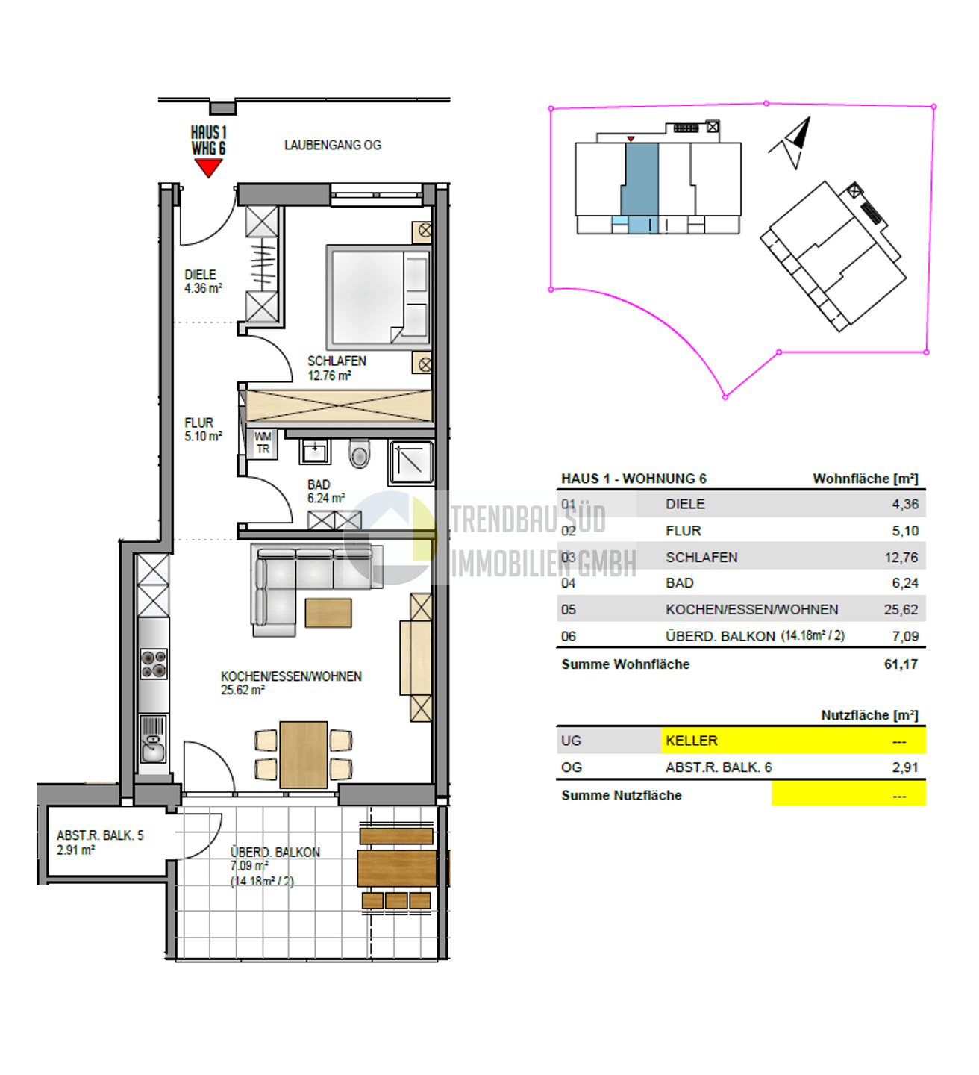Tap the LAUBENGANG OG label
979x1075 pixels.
pos(332,146)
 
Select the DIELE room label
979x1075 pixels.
pos(201,275)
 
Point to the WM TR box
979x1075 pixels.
pos(263,443)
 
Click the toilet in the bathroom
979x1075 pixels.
pos(360,454)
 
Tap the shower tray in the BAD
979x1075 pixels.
pos(411,462)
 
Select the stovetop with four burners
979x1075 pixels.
pos(153,664)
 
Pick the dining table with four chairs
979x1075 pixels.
pos(303,755)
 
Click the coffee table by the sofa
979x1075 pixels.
pos(328,612)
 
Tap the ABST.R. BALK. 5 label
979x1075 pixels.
pos(100,835)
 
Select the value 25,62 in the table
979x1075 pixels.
pos(901,609)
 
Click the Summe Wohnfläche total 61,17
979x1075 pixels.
pos(901,664)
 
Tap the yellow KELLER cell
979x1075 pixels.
pos(794,741)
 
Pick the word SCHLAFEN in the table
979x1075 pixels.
pos(701,558)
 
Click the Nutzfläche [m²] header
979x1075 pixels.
pos(870,715)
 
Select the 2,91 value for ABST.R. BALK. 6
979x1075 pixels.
pos(905,767)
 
